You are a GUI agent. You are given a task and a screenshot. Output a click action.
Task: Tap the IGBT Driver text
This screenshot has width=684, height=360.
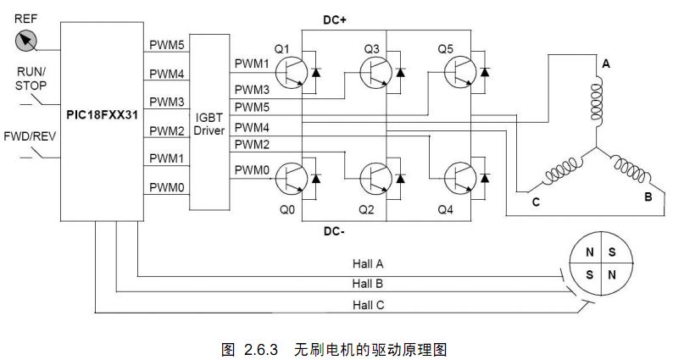tap(208, 124)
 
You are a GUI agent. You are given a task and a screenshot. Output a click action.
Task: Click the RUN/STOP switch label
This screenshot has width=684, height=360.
tap(31, 78)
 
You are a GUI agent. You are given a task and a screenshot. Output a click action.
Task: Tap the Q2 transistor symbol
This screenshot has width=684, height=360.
tap(377, 178)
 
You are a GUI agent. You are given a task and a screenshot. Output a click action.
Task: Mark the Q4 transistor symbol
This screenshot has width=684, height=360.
tap(460, 178)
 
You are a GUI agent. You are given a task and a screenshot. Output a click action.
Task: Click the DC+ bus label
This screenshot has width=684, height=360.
tap(336, 19)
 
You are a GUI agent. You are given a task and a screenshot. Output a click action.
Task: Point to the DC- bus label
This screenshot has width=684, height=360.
tap(336, 229)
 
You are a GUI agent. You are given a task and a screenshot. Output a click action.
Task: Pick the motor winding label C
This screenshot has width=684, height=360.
tap(536, 202)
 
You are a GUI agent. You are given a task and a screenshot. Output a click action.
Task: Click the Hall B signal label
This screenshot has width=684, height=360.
tap(368, 283)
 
